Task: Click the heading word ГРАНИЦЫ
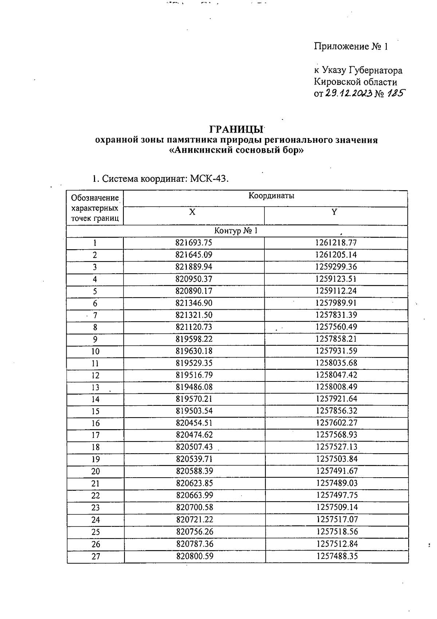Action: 236,130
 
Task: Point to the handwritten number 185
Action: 396,94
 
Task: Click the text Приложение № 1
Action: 351,47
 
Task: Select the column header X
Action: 192,212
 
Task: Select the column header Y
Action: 334,212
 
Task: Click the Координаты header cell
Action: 271,196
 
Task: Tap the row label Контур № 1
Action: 236,231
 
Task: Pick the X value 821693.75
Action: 194,243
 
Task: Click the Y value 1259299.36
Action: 336,267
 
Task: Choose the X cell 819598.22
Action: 194,339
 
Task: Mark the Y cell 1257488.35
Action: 337,556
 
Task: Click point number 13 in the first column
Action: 95,387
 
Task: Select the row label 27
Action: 95,556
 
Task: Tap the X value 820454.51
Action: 194,423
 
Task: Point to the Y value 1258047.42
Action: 336,375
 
